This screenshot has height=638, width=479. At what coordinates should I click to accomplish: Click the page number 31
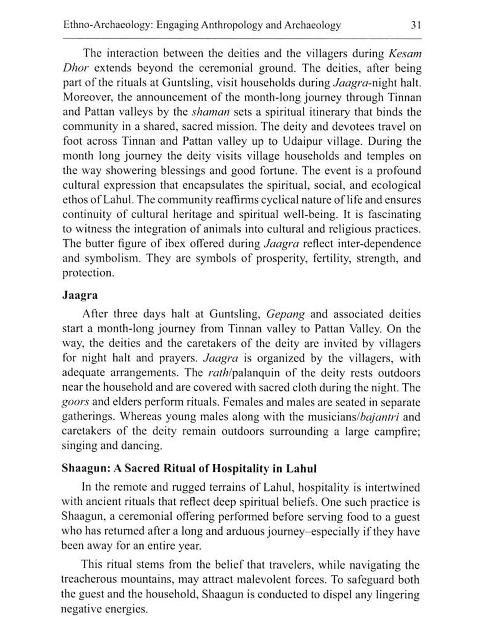point(416,25)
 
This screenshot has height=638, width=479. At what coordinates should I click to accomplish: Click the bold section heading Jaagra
point(80,295)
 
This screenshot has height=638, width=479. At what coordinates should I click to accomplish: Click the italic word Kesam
point(405,53)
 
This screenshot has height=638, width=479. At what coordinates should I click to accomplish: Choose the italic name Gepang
point(285,314)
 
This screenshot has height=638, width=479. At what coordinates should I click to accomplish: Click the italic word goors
point(75,402)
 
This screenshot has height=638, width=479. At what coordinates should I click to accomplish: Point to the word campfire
point(397,432)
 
